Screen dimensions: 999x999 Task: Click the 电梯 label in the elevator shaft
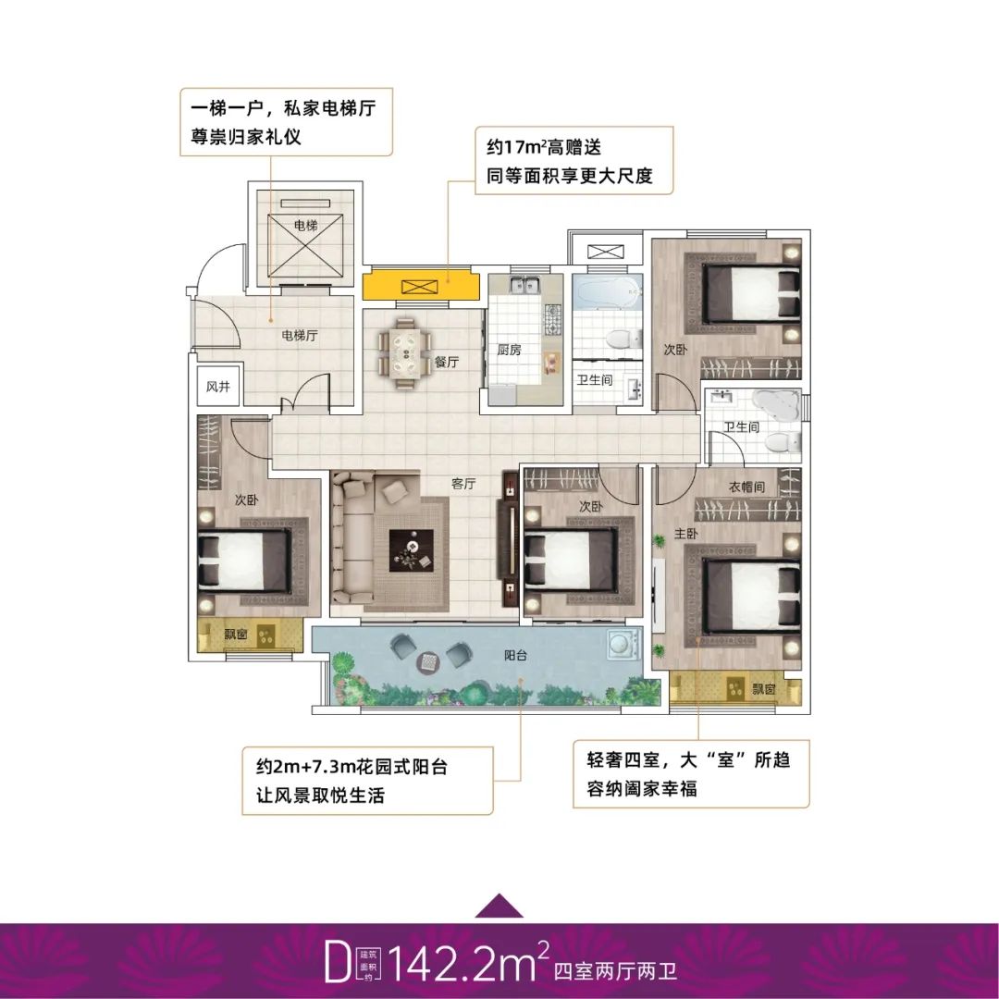click(306, 225)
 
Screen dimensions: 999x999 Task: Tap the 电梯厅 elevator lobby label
click(300, 335)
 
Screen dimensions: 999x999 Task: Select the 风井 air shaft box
click(218, 386)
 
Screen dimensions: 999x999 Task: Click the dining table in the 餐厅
click(405, 353)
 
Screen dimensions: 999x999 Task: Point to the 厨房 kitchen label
click(510, 350)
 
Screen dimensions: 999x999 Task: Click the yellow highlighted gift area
click(421, 286)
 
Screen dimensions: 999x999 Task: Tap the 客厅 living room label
click(463, 484)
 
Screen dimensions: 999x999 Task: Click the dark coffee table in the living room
click(412, 551)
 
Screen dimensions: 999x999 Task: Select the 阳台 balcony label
click(515, 655)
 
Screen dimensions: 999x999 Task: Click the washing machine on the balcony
click(619, 644)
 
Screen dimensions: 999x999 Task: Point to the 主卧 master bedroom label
click(686, 534)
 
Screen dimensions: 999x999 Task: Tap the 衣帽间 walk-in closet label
click(746, 487)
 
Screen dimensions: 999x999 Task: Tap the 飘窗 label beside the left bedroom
click(235, 635)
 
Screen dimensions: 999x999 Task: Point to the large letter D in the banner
click(338, 965)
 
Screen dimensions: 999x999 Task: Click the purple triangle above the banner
click(499, 906)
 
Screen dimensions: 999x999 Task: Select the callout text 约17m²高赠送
click(544, 147)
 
